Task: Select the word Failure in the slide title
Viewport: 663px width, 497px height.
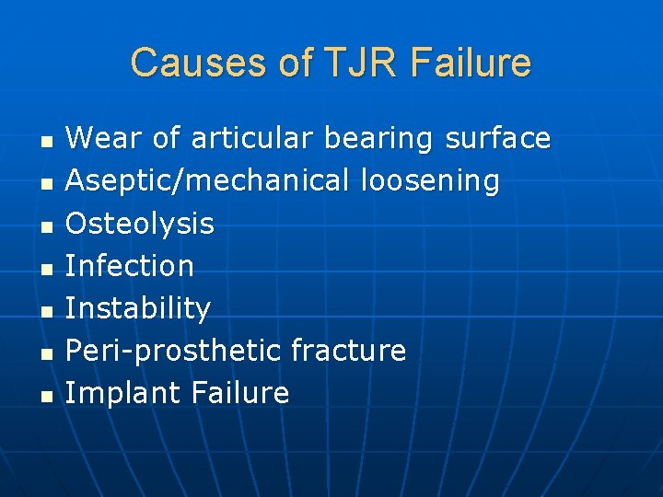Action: pyautogui.click(x=471, y=64)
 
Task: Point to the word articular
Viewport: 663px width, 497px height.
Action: pyautogui.click(x=252, y=139)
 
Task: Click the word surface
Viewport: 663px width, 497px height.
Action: pyautogui.click(x=497, y=139)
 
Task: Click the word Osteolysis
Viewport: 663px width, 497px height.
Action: pyautogui.click(x=140, y=224)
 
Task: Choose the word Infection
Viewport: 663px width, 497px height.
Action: pyautogui.click(x=130, y=266)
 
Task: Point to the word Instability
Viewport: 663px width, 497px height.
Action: pyautogui.click(x=138, y=308)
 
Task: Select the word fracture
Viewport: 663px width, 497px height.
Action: pyautogui.click(x=348, y=351)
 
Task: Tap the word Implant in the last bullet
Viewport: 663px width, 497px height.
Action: pyautogui.click(x=123, y=394)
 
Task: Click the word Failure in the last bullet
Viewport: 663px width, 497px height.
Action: pyautogui.click(x=240, y=393)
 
